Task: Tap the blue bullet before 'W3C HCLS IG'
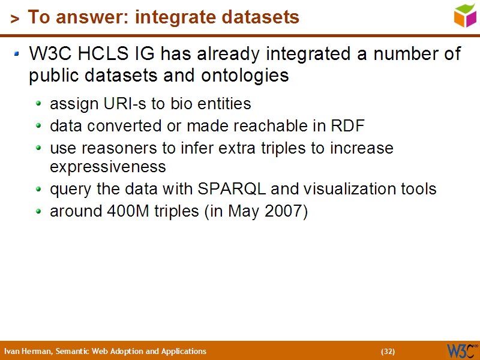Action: (18, 55)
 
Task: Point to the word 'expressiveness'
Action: (107, 166)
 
